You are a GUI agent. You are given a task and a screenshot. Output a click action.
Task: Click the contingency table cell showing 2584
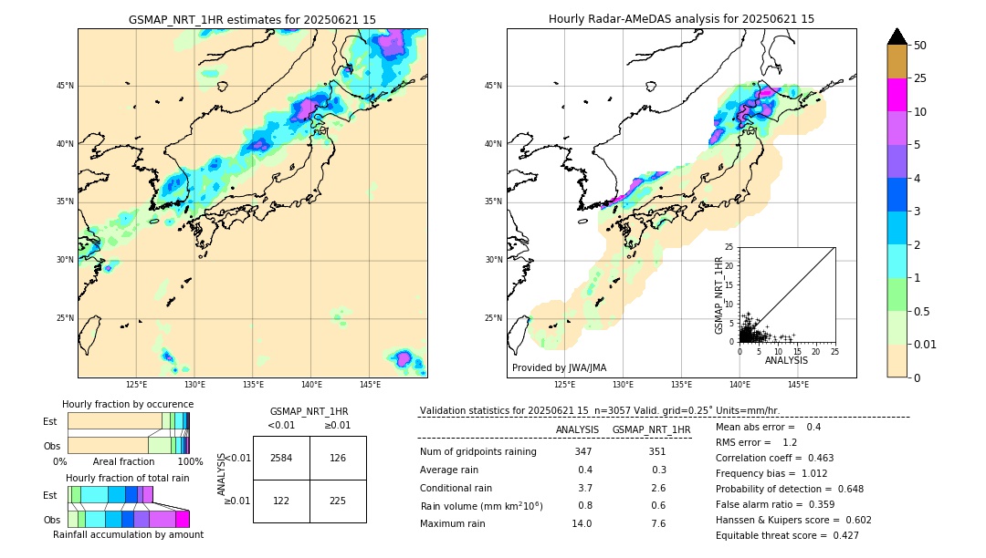tap(281, 458)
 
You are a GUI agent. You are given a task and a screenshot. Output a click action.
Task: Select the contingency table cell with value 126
tap(338, 458)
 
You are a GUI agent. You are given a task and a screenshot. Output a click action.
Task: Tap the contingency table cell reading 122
tap(281, 501)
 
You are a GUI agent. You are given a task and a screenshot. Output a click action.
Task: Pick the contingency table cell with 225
tap(338, 501)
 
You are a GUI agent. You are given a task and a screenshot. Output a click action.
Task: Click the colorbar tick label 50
tap(920, 45)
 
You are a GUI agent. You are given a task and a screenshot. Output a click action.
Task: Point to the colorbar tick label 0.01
tap(926, 344)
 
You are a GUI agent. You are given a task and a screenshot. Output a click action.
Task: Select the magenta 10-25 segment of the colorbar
tap(897, 95)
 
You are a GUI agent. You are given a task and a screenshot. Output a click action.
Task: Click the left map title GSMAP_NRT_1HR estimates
tap(252, 19)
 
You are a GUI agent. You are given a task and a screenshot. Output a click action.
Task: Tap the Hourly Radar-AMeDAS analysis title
tap(681, 19)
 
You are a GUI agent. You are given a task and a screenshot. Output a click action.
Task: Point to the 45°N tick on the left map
tap(65, 86)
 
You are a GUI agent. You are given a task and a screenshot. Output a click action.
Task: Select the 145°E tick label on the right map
tap(798, 385)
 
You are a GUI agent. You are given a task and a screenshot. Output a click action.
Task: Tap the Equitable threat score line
tap(787, 535)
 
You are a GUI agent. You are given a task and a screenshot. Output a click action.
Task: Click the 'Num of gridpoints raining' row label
tap(477, 451)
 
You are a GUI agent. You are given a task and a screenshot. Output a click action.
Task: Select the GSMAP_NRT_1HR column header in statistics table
tap(651, 429)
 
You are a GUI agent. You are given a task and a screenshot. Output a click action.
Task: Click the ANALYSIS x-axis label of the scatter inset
tap(786, 360)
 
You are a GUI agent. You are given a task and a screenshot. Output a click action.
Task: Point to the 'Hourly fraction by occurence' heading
tap(128, 404)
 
